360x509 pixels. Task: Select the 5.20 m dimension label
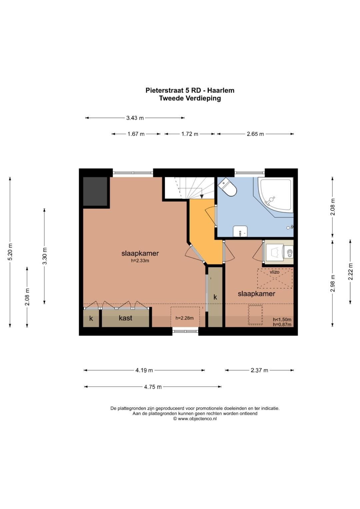tap(10, 252)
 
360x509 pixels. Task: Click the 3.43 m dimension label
tap(135, 118)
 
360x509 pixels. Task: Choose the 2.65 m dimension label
tap(255, 134)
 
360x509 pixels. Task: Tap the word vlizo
tap(275, 272)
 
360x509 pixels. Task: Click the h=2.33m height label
tap(140, 261)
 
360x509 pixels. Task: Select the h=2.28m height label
tap(184, 318)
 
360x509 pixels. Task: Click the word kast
tap(125, 318)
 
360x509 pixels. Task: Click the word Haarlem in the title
tap(221, 90)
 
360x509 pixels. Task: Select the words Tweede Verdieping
tap(190, 98)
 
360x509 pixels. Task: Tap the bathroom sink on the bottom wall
tap(240, 231)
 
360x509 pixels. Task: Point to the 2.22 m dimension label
tap(351, 272)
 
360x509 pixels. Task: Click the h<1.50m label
tap(282, 319)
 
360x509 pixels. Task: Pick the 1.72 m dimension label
tap(190, 134)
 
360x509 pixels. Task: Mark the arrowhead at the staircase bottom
tap(202, 197)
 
